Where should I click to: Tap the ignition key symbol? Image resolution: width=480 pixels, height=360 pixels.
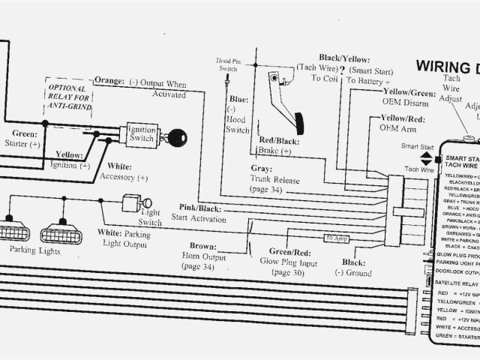[178, 136]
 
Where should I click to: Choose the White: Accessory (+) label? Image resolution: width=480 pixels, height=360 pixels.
[124, 172]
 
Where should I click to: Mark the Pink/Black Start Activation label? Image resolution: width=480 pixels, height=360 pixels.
[199, 212]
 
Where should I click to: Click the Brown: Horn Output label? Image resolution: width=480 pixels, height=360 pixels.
[202, 256]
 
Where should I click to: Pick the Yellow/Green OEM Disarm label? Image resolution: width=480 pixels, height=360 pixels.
[409, 97]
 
